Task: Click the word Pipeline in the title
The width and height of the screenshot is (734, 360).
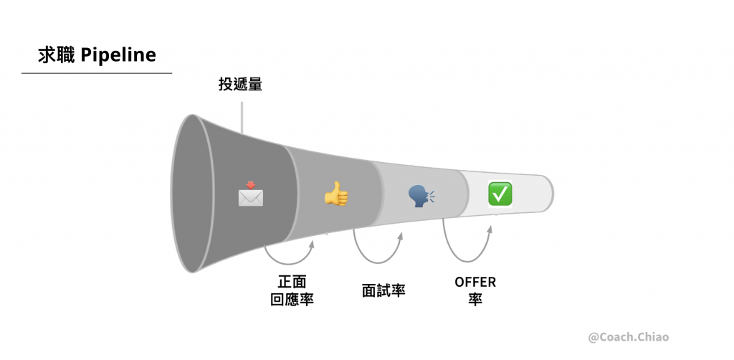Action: [118, 55]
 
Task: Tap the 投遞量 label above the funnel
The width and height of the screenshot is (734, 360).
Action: [240, 85]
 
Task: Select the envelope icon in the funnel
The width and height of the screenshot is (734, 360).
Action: [250, 195]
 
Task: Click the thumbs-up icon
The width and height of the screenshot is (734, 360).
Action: [335, 194]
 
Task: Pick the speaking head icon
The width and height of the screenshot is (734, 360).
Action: [421, 195]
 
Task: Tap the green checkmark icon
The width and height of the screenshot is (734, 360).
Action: [500, 194]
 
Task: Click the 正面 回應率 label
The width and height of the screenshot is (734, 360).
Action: [292, 290]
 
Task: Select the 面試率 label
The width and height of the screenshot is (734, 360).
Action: [383, 290]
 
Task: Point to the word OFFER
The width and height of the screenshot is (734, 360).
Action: [475, 282]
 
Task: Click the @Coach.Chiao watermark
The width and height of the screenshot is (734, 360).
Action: [628, 336]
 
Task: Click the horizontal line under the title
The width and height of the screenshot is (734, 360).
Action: [97, 73]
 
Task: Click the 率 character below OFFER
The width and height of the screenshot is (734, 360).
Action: [475, 299]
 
